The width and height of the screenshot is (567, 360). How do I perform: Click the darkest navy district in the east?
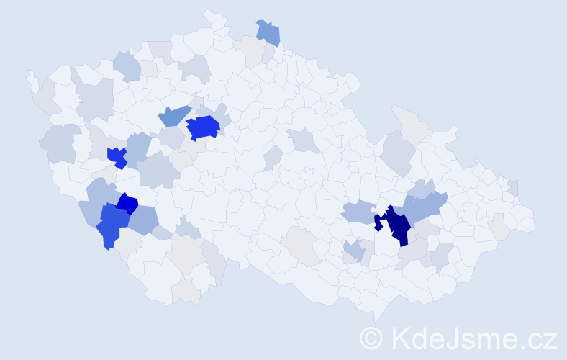coord(397,225)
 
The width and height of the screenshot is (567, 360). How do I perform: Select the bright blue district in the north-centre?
coord(203,127)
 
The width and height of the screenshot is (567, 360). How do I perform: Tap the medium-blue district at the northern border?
coord(268,32)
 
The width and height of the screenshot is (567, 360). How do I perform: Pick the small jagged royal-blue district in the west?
coord(117,156)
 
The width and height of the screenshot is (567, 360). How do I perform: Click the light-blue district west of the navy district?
coord(357,212)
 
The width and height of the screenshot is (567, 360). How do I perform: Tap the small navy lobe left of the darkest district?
coord(378,222)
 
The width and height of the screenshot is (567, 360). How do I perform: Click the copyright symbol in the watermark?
coord(371,337)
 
